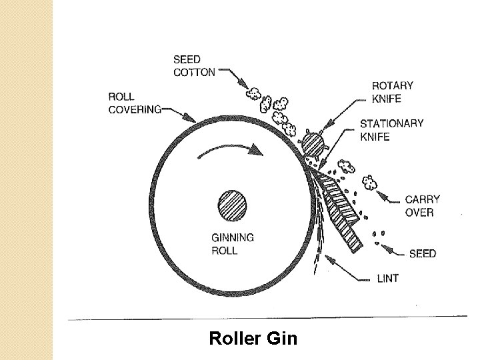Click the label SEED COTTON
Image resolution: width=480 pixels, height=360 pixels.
(x=194, y=66)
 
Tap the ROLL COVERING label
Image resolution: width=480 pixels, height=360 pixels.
(x=135, y=103)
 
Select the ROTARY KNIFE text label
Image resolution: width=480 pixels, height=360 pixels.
(x=393, y=92)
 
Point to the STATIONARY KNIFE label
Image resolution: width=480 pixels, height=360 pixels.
(x=391, y=130)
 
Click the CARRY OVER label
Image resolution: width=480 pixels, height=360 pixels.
(x=422, y=206)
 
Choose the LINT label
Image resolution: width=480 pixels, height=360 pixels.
(x=388, y=278)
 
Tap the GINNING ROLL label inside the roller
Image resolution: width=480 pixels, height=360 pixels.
(x=233, y=244)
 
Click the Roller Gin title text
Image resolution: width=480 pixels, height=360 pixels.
(x=253, y=338)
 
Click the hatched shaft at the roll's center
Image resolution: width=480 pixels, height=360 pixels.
(x=233, y=205)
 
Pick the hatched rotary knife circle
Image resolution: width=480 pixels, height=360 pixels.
(x=313, y=143)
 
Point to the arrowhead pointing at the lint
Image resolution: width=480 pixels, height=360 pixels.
(x=329, y=259)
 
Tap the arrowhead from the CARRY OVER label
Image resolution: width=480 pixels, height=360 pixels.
(x=381, y=195)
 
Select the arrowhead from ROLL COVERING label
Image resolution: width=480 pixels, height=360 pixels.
(x=190, y=118)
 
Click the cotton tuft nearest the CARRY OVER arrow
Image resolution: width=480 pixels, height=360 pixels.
(x=369, y=183)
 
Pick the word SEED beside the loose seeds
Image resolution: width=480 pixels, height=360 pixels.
(x=423, y=254)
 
